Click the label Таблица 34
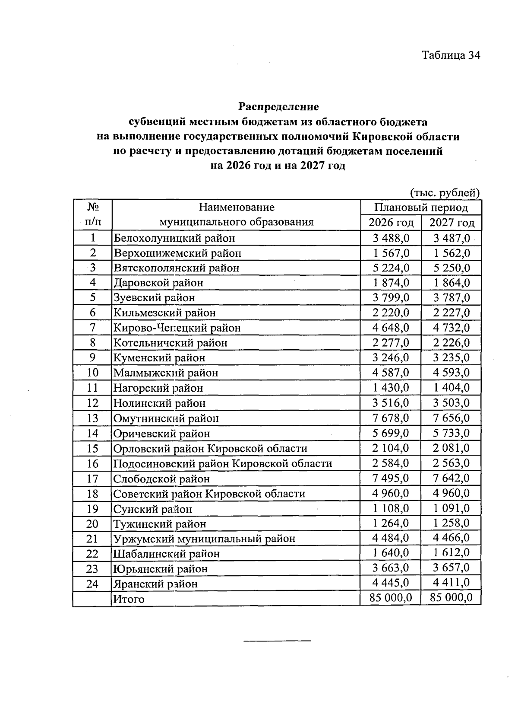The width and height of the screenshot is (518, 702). (451, 55)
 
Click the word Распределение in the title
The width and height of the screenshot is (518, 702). (279, 106)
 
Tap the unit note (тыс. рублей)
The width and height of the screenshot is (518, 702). (444, 192)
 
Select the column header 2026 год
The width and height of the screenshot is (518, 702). (391, 223)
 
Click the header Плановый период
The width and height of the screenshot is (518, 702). (421, 207)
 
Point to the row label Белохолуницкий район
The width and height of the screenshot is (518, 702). (174, 238)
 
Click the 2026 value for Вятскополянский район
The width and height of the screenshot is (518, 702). (391, 268)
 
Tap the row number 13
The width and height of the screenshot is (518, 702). (92, 418)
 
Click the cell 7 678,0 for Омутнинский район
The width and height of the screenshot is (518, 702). (391, 418)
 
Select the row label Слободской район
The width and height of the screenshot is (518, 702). (161, 479)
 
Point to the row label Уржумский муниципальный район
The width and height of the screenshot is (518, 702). (204, 539)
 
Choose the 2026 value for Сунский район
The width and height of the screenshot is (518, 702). (391, 508)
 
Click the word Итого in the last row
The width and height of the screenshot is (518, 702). (129, 599)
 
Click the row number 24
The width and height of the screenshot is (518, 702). (92, 584)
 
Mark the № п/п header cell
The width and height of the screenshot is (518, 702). (92, 215)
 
